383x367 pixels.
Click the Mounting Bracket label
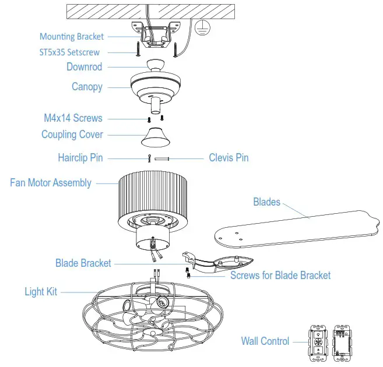tap(71, 37)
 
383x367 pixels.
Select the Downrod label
tap(84, 67)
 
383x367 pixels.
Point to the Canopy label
tap(87, 87)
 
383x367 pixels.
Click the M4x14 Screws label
tap(73, 118)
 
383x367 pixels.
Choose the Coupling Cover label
tap(72, 135)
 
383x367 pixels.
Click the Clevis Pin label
tap(229, 158)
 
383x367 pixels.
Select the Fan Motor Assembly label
tap(51, 183)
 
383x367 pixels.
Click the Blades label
tap(266, 202)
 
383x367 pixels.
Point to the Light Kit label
tap(41, 291)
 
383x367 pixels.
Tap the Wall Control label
tap(265, 341)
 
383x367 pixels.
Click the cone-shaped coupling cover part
tap(156, 137)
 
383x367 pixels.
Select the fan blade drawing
tap(297, 230)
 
